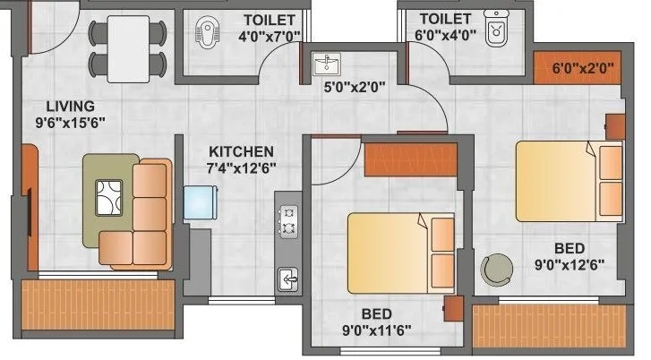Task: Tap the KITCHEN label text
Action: [242, 151]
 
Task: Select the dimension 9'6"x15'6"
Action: [56, 123]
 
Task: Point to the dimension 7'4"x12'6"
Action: [242, 167]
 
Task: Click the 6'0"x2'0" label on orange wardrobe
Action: [578, 67]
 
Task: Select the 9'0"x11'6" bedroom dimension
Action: [375, 330]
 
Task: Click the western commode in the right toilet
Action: [495, 29]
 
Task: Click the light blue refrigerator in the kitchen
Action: [200, 202]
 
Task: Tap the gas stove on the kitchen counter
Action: [288, 220]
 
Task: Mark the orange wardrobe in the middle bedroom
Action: [398, 160]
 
